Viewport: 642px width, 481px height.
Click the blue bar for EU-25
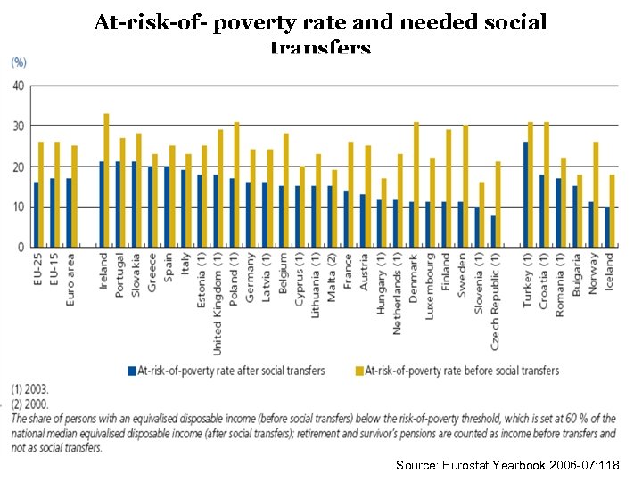click(x=36, y=215)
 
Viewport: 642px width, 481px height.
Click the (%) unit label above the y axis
click(x=18, y=62)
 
